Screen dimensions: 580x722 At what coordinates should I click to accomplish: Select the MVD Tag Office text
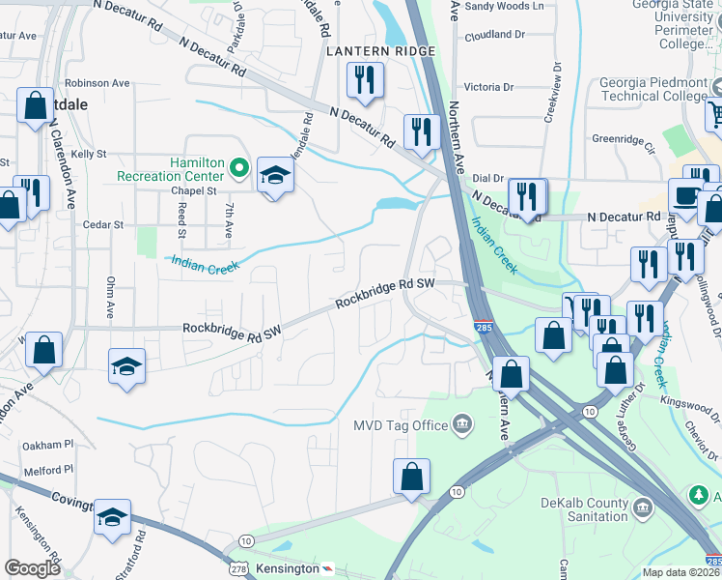[x=400, y=425]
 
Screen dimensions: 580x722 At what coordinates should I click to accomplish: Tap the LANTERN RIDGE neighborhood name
[x=380, y=50]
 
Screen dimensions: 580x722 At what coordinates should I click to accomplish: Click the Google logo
[x=32, y=568]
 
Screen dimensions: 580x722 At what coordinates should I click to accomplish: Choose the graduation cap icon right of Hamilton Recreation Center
[x=275, y=174]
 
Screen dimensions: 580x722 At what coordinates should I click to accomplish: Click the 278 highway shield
[x=238, y=567]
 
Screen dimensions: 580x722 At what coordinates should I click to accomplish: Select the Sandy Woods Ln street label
[x=497, y=6]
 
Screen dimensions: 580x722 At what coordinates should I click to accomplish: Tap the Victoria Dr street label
[x=495, y=85]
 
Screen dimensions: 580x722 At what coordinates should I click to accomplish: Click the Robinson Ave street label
[x=97, y=83]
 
